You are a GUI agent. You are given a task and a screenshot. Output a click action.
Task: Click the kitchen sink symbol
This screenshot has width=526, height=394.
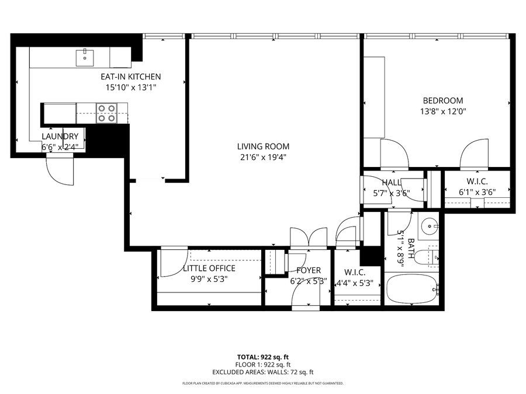pyautogui.click(x=85, y=57)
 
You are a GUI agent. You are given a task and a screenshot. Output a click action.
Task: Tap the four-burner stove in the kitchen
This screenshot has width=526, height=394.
pyautogui.click(x=106, y=113)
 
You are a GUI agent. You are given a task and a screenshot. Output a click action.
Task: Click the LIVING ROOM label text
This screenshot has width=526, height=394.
pyautogui.click(x=263, y=147)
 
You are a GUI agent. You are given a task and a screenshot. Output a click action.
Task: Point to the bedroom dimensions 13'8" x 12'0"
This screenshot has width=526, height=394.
pyautogui.click(x=443, y=111)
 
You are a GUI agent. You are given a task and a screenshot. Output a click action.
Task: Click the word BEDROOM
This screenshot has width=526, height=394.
pyautogui.click(x=443, y=100)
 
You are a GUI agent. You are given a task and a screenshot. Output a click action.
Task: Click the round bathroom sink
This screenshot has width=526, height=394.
pyautogui.click(x=431, y=225)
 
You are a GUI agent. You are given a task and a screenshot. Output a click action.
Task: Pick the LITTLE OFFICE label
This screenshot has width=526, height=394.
pyautogui.click(x=209, y=269)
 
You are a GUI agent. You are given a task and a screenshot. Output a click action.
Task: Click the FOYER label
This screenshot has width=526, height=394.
pyautogui.click(x=309, y=270)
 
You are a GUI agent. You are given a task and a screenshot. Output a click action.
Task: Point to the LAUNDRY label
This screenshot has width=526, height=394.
pyautogui.click(x=60, y=137)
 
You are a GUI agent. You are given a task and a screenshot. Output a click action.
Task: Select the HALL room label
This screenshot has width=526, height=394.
pyautogui.click(x=392, y=183)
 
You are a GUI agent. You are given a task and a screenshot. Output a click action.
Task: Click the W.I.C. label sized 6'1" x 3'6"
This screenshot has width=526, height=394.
pyautogui.click(x=477, y=182)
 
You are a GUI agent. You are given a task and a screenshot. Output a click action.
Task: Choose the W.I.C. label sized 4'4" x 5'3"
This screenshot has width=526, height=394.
pyautogui.click(x=355, y=273)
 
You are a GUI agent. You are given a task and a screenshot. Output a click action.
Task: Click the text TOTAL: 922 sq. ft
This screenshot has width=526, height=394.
pyautogui.click(x=263, y=356)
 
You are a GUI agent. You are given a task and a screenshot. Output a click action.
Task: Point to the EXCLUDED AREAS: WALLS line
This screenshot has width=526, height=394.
pyautogui.click(x=263, y=372)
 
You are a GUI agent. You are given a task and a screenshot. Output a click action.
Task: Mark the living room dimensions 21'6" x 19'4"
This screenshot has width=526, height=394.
pyautogui.click(x=263, y=157)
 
